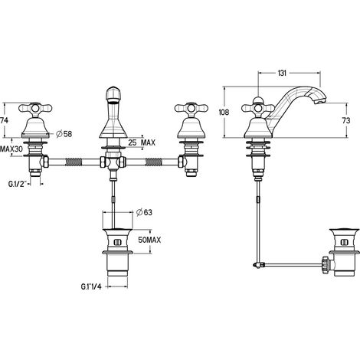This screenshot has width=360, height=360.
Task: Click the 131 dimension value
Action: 282,73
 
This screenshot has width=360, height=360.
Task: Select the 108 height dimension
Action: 224,112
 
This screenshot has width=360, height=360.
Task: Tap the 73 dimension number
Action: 346,120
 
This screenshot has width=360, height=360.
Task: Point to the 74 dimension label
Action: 4,120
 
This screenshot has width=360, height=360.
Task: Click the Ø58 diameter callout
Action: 64,133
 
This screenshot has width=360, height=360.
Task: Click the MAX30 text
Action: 11,149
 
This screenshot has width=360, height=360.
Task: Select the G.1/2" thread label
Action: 18,184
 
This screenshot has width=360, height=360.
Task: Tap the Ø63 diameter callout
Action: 144,212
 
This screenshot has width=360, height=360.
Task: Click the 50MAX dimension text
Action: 149,240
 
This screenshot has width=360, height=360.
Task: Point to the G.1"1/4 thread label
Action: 91,286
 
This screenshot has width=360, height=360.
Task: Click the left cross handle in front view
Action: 36,108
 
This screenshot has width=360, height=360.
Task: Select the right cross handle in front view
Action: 191,108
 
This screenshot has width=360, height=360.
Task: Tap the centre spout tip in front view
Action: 113,95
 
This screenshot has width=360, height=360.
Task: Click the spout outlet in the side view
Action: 320,102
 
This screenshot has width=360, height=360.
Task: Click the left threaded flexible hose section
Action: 74,162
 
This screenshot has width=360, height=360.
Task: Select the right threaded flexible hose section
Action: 153,162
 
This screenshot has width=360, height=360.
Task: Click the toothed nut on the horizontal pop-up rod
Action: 326,266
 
